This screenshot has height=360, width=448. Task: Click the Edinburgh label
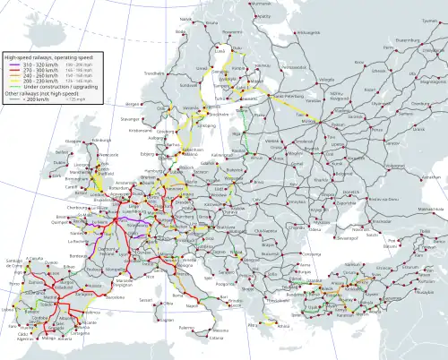[x=90, y=140]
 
